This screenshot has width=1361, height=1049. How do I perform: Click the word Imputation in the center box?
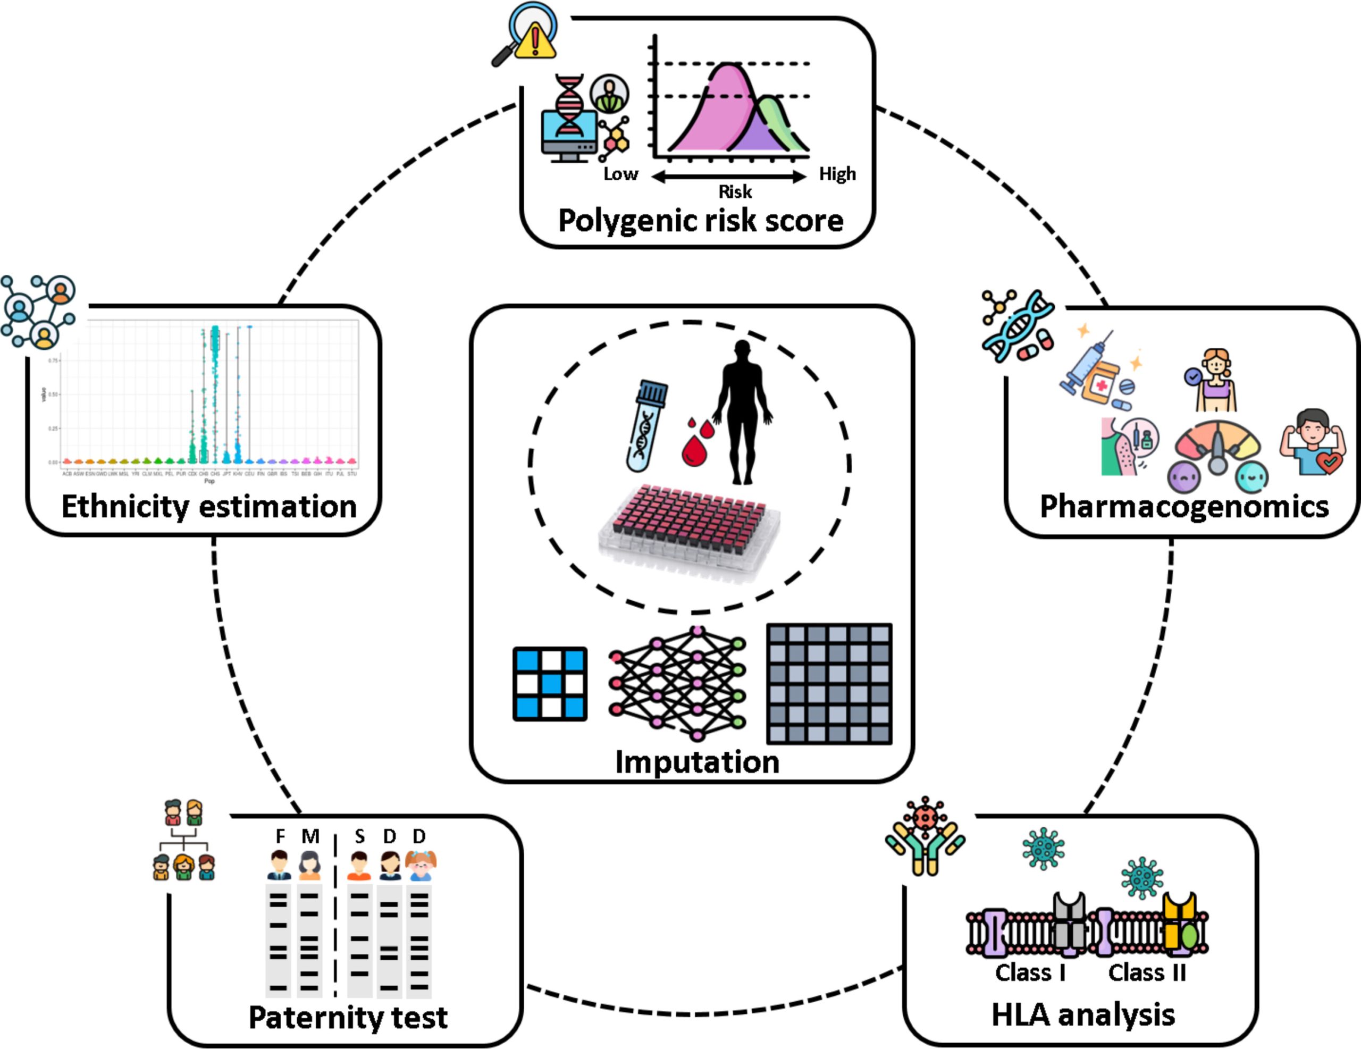click(696, 762)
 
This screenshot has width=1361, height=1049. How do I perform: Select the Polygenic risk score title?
click(701, 221)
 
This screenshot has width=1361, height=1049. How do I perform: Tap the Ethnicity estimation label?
click(209, 506)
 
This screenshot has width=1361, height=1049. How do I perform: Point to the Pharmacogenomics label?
click(1184, 506)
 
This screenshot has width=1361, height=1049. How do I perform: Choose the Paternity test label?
click(348, 1017)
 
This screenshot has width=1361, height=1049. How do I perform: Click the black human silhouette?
click(742, 412)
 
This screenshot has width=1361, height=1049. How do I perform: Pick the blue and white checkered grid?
click(550, 684)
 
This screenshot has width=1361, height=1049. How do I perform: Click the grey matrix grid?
click(829, 684)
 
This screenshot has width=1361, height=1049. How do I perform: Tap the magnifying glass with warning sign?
click(525, 34)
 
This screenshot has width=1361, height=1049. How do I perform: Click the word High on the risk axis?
click(837, 174)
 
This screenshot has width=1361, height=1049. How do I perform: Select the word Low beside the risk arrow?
click(620, 174)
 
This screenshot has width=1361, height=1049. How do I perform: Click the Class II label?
click(1147, 972)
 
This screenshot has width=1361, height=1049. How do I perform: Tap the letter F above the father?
click(280, 836)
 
